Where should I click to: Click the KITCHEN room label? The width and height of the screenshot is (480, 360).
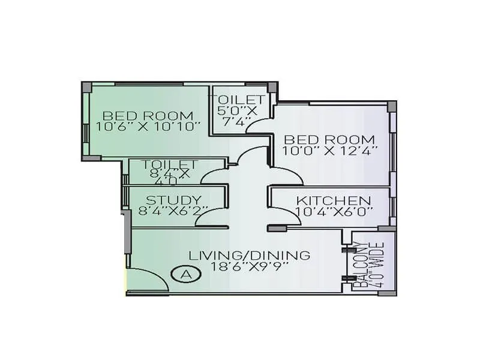click(334, 200)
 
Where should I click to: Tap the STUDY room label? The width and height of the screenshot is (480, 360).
click(173, 200)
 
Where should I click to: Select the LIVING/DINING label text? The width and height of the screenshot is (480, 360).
click(250, 255)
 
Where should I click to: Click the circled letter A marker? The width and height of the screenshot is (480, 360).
click(186, 274)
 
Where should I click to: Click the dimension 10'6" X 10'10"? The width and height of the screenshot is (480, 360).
click(148, 127)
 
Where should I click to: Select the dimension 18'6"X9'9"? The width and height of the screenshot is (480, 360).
click(253, 266)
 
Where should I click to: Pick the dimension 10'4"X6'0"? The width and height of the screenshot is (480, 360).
click(334, 211)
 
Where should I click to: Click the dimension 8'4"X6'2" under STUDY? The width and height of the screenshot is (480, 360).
click(173, 211)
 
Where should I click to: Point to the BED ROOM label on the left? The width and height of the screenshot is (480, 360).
click(148, 115)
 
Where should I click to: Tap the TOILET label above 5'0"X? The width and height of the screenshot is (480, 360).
click(236, 100)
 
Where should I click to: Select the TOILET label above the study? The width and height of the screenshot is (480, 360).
click(170, 164)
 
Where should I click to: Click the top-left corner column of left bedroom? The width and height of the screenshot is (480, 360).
click(86, 86)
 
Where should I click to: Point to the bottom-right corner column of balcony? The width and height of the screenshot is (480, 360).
click(392, 293)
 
